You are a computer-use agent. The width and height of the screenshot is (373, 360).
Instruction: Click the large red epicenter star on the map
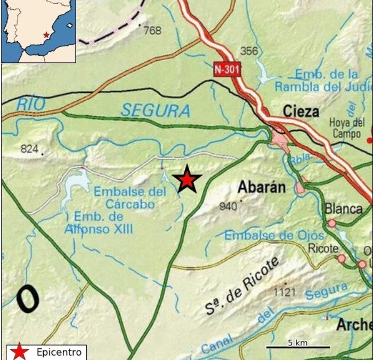(x=187, y=179)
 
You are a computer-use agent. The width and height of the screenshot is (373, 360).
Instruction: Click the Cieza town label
(x=301, y=111)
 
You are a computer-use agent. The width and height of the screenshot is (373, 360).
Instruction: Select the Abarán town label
(x=262, y=187)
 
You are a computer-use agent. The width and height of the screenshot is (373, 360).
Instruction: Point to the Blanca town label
(x=343, y=209)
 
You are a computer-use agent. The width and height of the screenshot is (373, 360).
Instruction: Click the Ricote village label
(x=323, y=249)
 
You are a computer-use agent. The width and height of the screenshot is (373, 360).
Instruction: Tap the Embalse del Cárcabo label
(x=129, y=197)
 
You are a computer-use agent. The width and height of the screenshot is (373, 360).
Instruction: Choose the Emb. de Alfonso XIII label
(x=99, y=223)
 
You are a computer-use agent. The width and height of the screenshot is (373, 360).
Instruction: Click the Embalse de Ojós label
(x=274, y=235)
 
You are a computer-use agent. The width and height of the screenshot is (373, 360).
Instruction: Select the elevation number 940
(x=228, y=206)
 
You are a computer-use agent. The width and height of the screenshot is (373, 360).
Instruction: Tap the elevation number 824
(x=30, y=149)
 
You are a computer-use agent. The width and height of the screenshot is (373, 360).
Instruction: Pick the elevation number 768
(x=152, y=31)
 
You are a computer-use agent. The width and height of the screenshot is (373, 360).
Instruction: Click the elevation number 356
(x=249, y=51)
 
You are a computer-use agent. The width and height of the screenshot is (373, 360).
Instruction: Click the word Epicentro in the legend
(x=59, y=352)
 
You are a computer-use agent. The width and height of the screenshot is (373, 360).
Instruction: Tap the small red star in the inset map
(x=46, y=35)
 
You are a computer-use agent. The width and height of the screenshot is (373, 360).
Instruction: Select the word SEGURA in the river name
(x=155, y=110)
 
